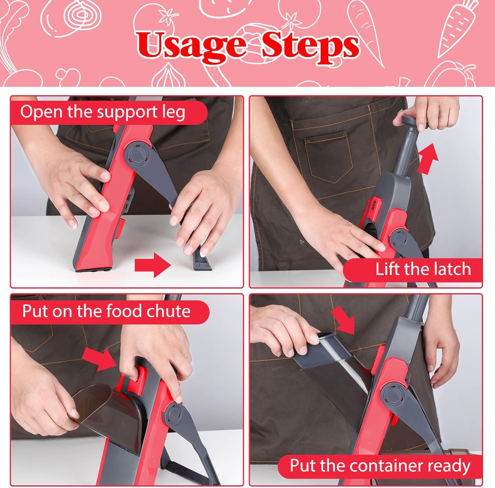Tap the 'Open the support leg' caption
pos(103,112)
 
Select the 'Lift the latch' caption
pos(423,269)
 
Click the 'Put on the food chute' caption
pos(106,311)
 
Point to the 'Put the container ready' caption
pos(380,466)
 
